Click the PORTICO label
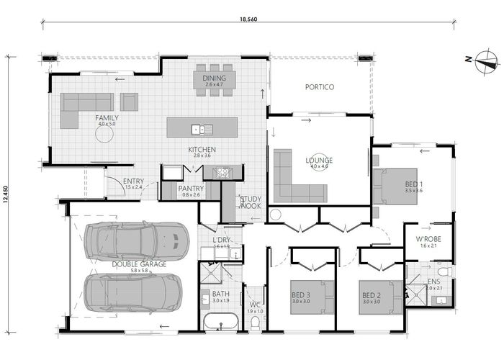click(319, 87)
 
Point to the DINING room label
click(214, 78)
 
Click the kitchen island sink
click(197, 129)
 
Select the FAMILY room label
click(107, 118)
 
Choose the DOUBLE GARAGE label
click(139, 264)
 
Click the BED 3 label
click(301, 295)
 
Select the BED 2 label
click(371, 295)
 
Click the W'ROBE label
click(428, 239)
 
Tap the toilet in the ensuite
click(444, 272)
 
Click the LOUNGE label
click(318, 161)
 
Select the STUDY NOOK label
click(251, 202)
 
